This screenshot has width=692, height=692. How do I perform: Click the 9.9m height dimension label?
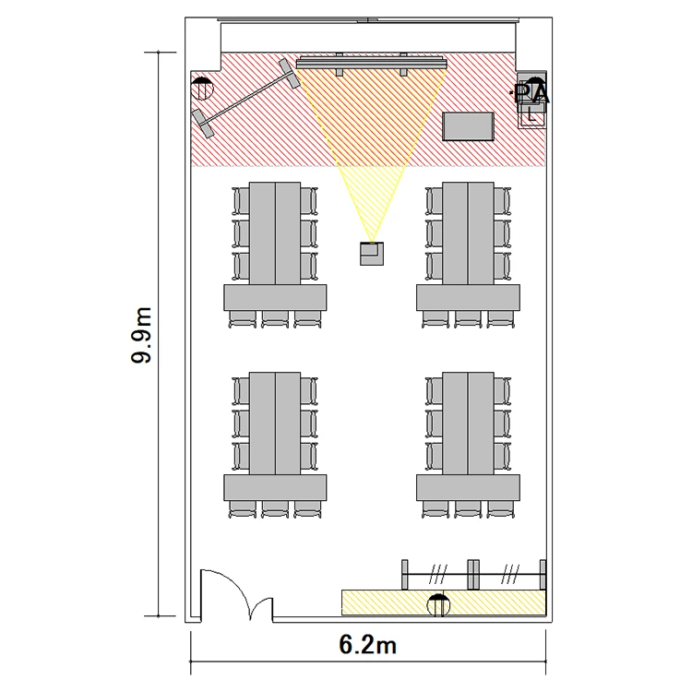(x=142, y=335)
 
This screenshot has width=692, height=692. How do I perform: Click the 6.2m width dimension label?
(x=367, y=645)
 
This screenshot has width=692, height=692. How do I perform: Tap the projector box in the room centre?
(x=372, y=254)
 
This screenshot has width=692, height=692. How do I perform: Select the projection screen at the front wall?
(x=371, y=63)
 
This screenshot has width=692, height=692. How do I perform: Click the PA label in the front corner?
(x=531, y=93)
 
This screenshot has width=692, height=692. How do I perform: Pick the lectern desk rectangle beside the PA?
(x=468, y=126)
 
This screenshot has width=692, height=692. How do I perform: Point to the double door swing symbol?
(x=237, y=594)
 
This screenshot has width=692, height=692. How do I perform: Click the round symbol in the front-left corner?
(x=202, y=89)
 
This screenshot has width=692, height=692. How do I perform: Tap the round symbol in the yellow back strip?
(x=438, y=604)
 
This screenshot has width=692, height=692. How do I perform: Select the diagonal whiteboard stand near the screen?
(x=246, y=98)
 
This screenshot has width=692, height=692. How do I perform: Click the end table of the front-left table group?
(x=275, y=297)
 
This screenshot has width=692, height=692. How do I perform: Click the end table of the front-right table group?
(x=468, y=297)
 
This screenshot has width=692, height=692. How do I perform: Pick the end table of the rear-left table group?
(x=275, y=488)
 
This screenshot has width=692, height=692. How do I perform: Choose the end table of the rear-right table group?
(x=468, y=488)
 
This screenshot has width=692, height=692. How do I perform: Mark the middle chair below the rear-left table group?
(x=275, y=508)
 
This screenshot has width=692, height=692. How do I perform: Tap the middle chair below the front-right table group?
(x=468, y=319)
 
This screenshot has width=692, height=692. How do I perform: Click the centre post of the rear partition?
(x=473, y=574)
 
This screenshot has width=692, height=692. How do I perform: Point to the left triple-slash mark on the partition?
(x=438, y=574)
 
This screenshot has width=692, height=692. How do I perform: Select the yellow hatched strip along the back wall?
(x=444, y=603)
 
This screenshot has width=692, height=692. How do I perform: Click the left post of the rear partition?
(x=405, y=574)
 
